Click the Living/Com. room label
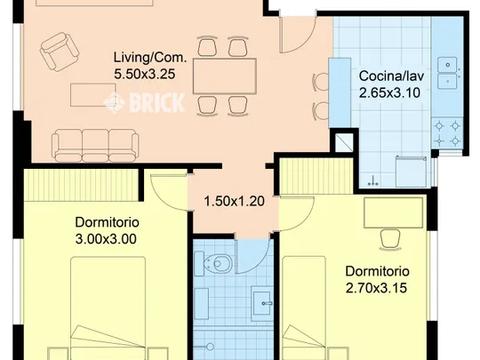(150, 58)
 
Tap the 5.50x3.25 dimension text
(145, 74)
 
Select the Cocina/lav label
(391, 76)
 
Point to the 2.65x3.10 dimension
(389, 92)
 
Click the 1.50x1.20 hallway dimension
(234, 202)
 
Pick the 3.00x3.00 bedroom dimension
(106, 239)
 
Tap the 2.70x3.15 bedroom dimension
(376, 288)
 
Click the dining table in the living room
(225, 76)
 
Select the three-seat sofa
(95, 146)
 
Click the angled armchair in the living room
(60, 52)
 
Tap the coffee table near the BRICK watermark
(89, 95)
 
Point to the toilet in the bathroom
(213, 263)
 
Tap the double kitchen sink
(447, 73)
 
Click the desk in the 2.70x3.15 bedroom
(394, 212)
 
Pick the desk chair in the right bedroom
(390, 240)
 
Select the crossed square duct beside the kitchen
(344, 142)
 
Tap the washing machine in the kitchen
(411, 172)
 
